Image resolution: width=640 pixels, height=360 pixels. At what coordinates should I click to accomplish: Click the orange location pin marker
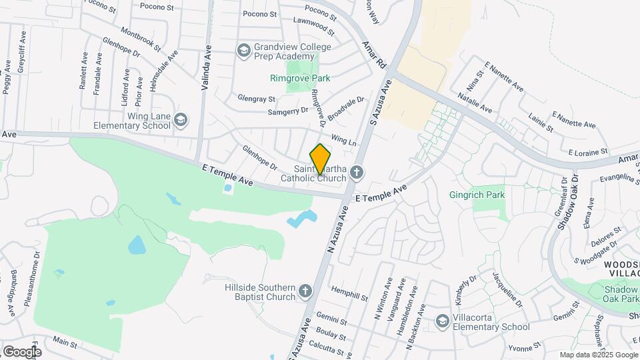pos(321,159)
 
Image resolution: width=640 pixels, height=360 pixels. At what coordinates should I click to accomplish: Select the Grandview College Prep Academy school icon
pos(244,49)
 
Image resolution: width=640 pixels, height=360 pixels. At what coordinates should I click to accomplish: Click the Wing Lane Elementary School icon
pos(181,119)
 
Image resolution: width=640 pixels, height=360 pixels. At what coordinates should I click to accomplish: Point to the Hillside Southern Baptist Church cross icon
pos(305,291)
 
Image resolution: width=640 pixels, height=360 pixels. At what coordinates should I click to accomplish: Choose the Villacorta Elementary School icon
pos(442,321)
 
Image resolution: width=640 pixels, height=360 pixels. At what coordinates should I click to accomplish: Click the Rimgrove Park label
pos(300,78)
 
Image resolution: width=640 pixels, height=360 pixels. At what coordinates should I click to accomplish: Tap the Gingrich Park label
pos(477,195)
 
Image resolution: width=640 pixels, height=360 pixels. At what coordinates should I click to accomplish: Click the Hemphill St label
pos(349,295)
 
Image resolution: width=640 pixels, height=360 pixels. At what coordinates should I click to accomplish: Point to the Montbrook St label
pos(141,38)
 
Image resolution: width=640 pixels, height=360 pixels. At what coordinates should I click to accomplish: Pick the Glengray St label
pos(257,99)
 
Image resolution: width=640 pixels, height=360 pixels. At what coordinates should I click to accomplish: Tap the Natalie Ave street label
pos(475,103)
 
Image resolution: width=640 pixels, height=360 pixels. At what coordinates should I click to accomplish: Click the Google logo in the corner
pos(21,351)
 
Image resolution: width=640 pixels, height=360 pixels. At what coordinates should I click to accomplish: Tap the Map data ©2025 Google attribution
pos(598,355)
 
